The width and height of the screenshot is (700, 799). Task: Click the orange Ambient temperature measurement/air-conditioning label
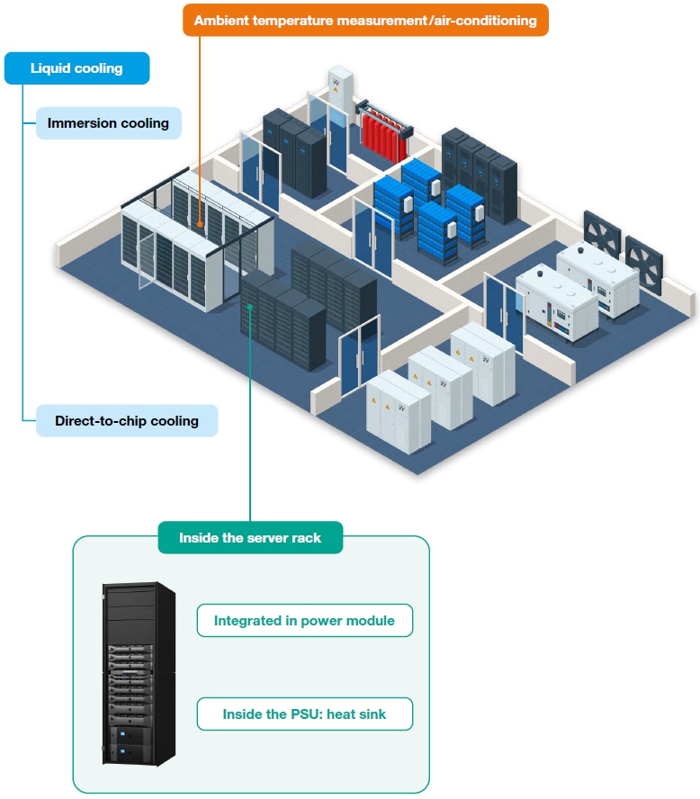[365, 20]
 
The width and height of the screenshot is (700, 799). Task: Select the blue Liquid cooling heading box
[76, 68]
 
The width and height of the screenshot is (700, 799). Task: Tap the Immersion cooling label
[108, 123]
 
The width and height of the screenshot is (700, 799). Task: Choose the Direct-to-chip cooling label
[127, 421]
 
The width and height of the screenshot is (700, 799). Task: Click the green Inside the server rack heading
[250, 538]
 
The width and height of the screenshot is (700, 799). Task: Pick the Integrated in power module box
[304, 620]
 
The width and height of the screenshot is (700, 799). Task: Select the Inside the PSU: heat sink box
[304, 714]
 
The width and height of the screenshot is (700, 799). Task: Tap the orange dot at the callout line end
[200, 220]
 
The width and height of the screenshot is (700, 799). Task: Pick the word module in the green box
[370, 620]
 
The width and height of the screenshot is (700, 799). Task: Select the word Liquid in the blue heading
[52, 68]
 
